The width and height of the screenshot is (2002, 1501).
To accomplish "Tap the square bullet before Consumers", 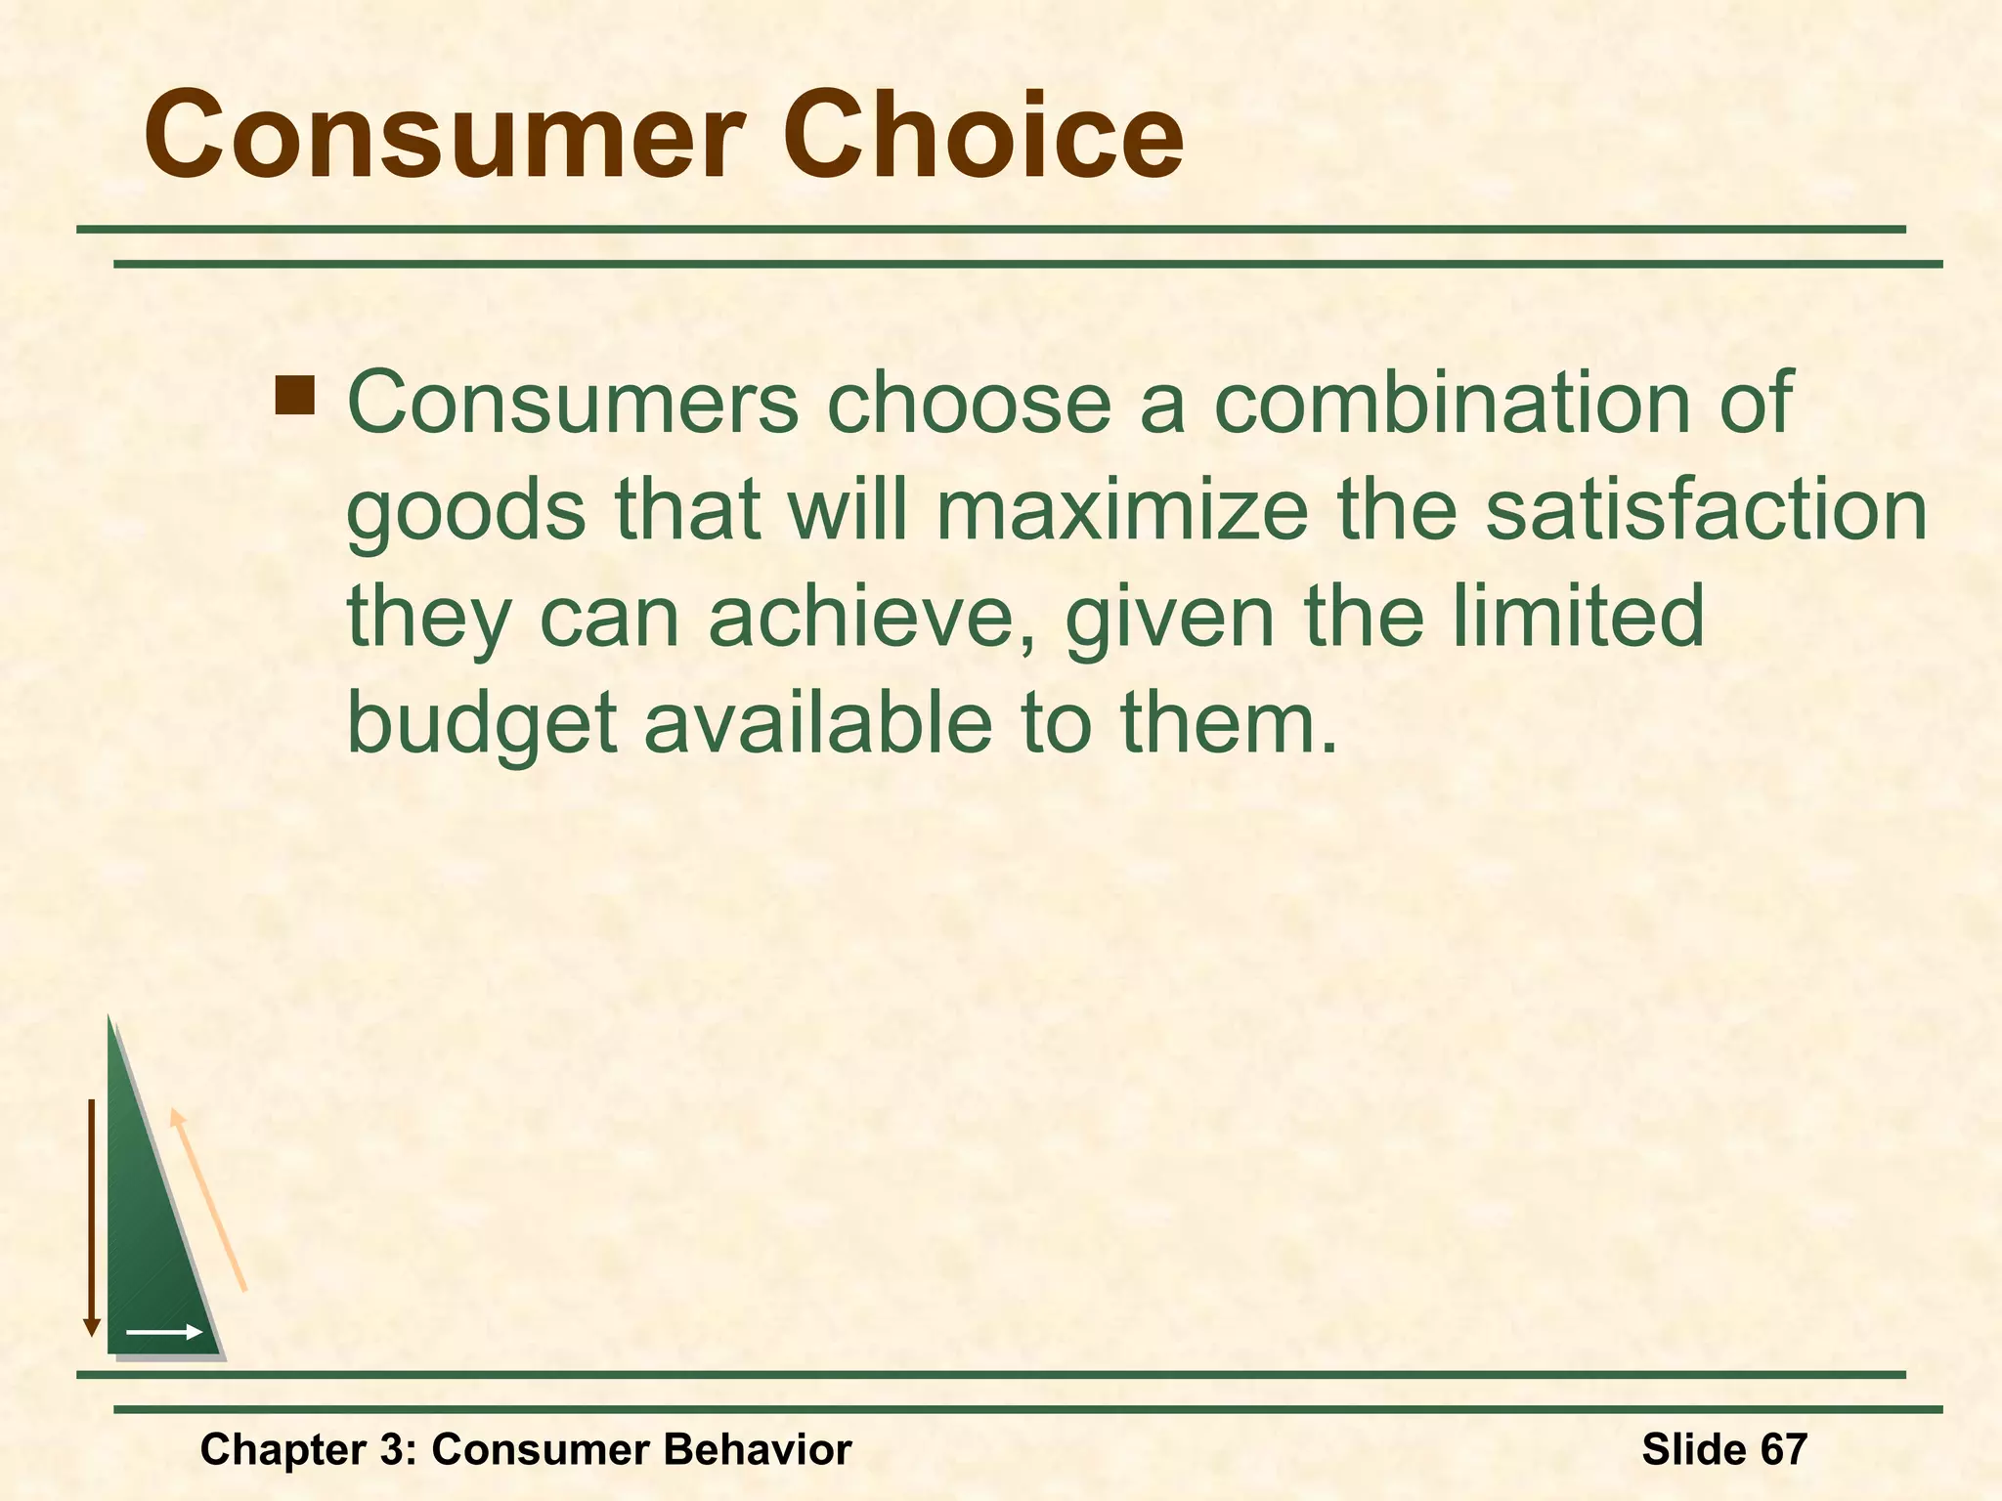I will point(295,397).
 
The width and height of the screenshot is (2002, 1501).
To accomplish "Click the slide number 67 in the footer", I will point(1784,1448).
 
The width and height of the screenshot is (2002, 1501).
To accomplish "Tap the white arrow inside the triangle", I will point(164,1332).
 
